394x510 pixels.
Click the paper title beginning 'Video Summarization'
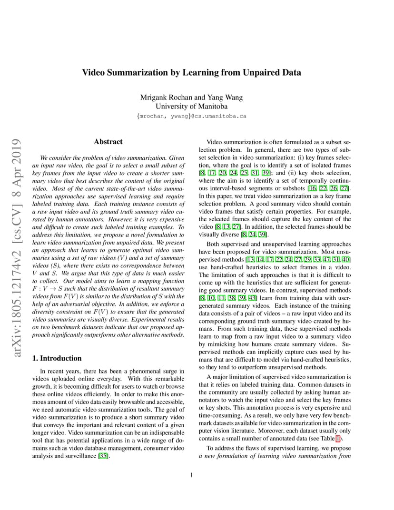191,73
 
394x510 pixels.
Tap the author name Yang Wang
225,98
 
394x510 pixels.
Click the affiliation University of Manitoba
191,107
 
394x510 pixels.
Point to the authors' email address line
191,116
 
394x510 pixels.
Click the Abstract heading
108,142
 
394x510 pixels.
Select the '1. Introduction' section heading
57,358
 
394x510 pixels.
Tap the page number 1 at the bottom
191,474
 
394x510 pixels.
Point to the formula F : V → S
48,288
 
